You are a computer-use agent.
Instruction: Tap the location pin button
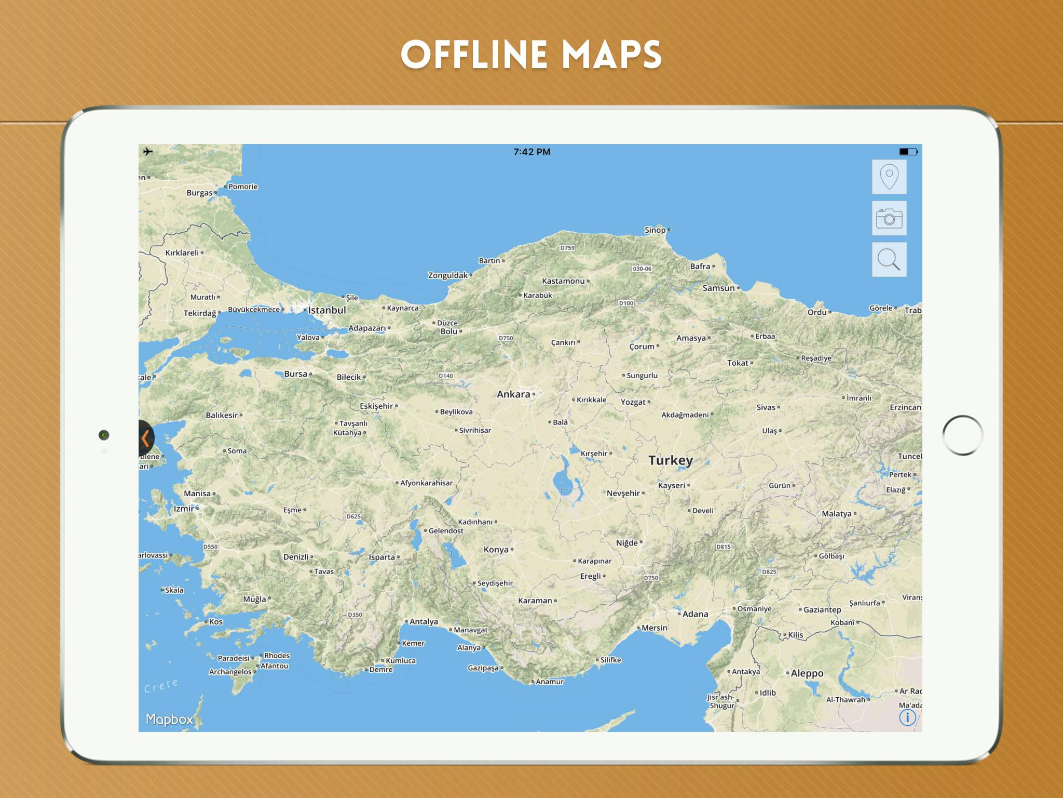pyautogui.click(x=889, y=177)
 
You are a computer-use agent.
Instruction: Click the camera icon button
pyautogui.click(x=889, y=218)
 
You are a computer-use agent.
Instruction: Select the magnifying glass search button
pyautogui.click(x=889, y=259)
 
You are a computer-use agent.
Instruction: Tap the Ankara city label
pyautogui.click(x=513, y=394)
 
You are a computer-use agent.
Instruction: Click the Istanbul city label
pyautogui.click(x=326, y=310)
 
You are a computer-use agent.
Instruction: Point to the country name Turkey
pyautogui.click(x=670, y=460)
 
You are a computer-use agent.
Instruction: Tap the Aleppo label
pyautogui.click(x=807, y=673)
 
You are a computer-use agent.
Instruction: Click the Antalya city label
pyautogui.click(x=424, y=621)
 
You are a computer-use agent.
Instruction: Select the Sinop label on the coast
pyautogui.click(x=655, y=230)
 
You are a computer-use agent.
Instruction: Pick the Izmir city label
pyautogui.click(x=184, y=509)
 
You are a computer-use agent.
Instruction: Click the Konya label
pyautogui.click(x=496, y=550)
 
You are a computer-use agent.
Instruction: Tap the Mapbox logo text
pyautogui.click(x=169, y=719)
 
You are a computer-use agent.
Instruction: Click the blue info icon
pyautogui.click(x=907, y=717)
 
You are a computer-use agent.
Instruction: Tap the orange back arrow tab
pyautogui.click(x=146, y=438)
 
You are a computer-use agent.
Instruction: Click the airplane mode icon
pyautogui.click(x=148, y=152)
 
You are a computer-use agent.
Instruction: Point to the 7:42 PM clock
pyautogui.click(x=531, y=152)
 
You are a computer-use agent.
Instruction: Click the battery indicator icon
pyautogui.click(x=908, y=152)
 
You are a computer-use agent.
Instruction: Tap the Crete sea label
pyautogui.click(x=161, y=686)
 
